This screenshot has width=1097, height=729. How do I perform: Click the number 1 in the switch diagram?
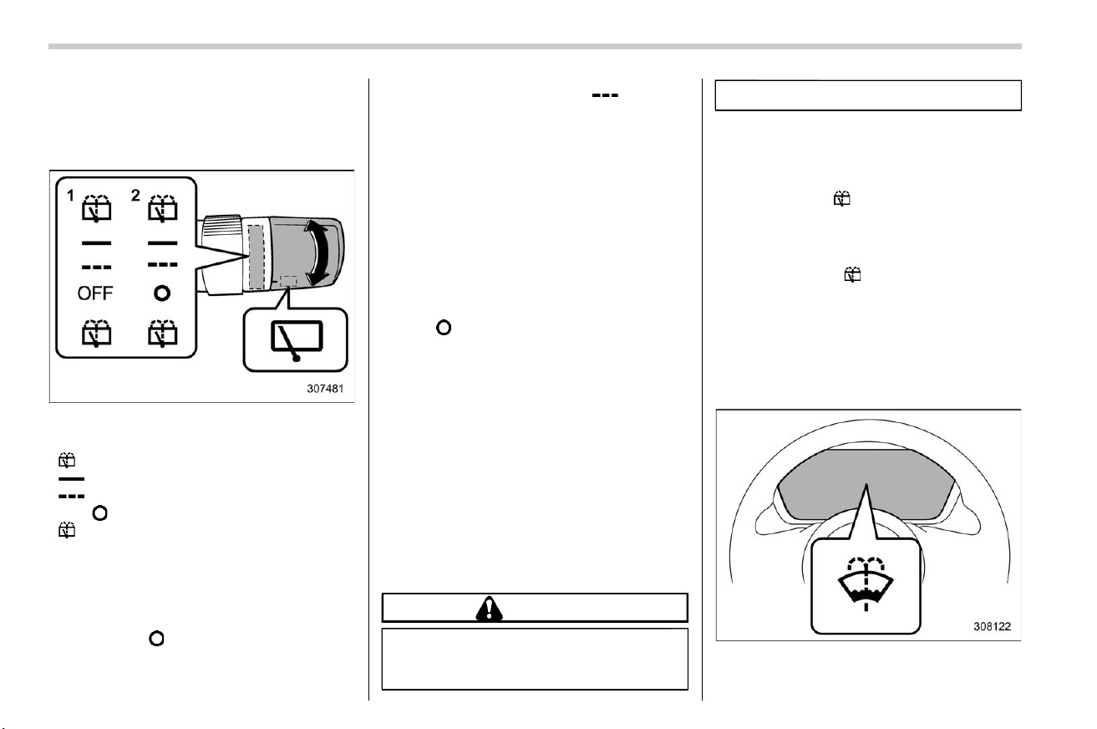coord(70,196)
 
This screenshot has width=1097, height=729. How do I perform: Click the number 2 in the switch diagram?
coord(135,196)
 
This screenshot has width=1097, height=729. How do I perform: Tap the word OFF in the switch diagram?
coord(95,293)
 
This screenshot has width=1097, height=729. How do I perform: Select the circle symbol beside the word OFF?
coord(162,293)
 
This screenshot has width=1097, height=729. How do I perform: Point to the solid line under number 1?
coord(96,243)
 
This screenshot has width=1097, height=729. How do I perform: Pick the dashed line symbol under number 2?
coord(163,264)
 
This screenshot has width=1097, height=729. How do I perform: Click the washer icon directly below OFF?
coord(96,333)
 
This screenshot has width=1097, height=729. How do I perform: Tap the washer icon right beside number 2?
coord(163,209)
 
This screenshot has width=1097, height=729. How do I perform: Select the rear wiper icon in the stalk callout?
coord(297,339)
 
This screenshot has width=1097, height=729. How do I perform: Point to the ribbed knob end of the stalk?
coord(222,226)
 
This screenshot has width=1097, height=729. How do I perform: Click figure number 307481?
coord(325,389)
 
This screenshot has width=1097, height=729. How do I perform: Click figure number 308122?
coord(993,626)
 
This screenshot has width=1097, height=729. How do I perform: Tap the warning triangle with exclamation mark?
coord(490,609)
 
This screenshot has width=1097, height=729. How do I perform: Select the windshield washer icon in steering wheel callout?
coord(866,583)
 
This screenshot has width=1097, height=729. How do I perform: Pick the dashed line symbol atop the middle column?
coord(605,95)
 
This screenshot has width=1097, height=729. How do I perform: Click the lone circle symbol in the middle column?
coord(444,328)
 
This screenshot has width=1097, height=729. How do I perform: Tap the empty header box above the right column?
coord(868,95)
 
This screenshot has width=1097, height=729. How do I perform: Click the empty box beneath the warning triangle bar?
coord(535,659)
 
